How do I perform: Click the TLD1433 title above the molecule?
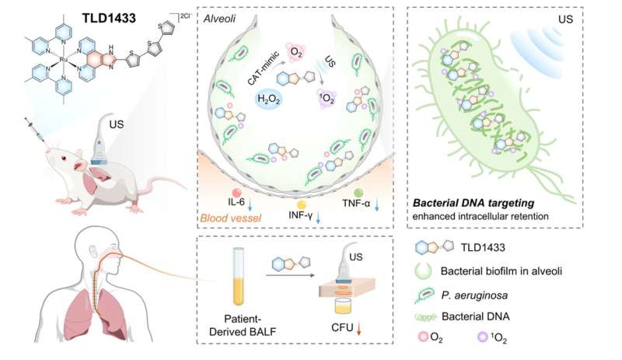pos(109,18)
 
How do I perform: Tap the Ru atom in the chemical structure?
pos(64,60)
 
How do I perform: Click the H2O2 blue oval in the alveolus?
pos(269,100)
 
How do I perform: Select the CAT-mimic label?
pos(263,68)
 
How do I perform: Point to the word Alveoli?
pos(219,19)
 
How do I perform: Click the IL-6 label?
pos(236,201)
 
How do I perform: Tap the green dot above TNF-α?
pos(358,193)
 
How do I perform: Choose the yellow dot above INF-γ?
pos(302,204)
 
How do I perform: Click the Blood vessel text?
pos(230,218)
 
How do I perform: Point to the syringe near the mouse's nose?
pos(37,131)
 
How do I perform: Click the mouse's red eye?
pos(64,159)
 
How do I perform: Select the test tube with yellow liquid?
pos(239,276)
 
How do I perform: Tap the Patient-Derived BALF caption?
pos(242,326)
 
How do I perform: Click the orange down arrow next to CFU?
pos(358,329)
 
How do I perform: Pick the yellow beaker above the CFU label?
pos(343,306)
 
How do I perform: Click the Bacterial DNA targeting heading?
pos(473,203)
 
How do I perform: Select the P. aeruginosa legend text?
pos(474,295)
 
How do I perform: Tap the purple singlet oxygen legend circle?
pos(482,337)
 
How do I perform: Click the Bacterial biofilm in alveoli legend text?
pos(501,271)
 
